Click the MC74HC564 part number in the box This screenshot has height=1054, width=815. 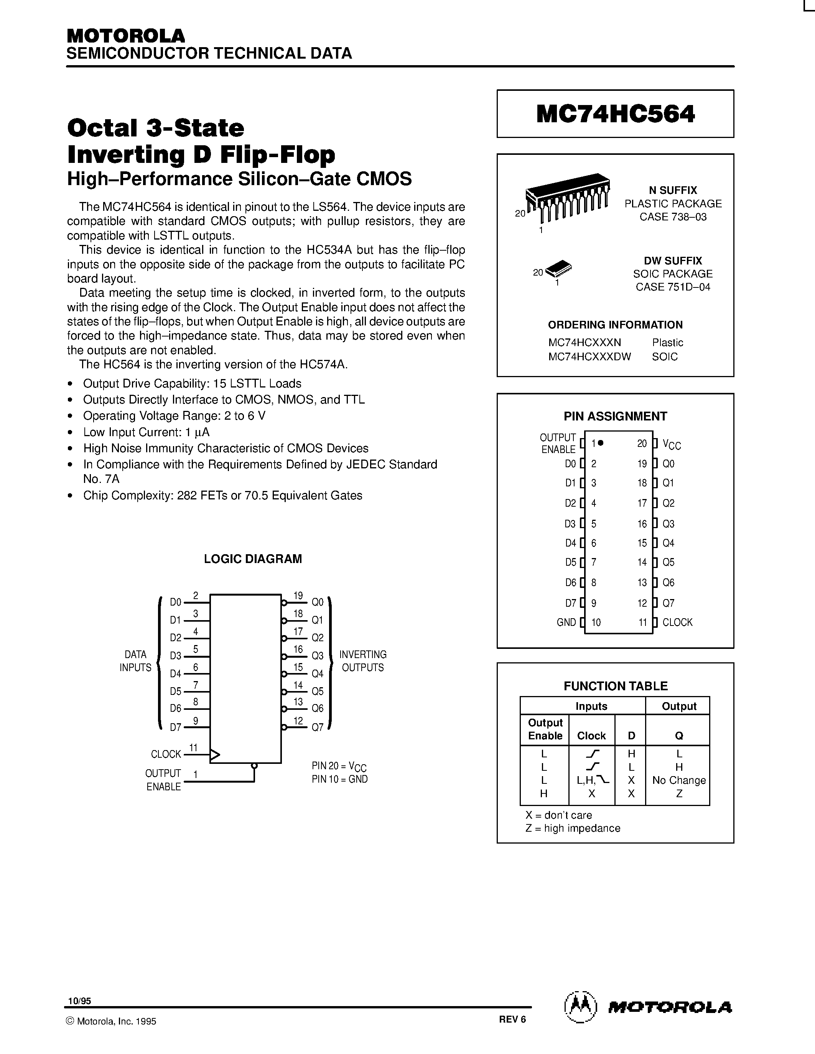coord(615,114)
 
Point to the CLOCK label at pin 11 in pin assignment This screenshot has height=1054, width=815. coord(677,622)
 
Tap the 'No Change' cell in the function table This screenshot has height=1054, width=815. coord(678,780)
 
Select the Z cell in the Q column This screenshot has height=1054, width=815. coord(679,794)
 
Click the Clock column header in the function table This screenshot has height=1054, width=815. coord(591,736)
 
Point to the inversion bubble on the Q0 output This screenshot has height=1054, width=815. coord(284,603)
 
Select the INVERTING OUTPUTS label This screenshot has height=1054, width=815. coord(362,661)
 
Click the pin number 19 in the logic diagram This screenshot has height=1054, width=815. coord(298,596)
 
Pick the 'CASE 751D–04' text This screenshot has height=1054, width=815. coord(673,287)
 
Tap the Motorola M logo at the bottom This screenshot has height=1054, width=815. coord(580,1007)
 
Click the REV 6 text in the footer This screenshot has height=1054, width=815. coord(512,1019)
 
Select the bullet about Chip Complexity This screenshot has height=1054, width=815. coord(222,496)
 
